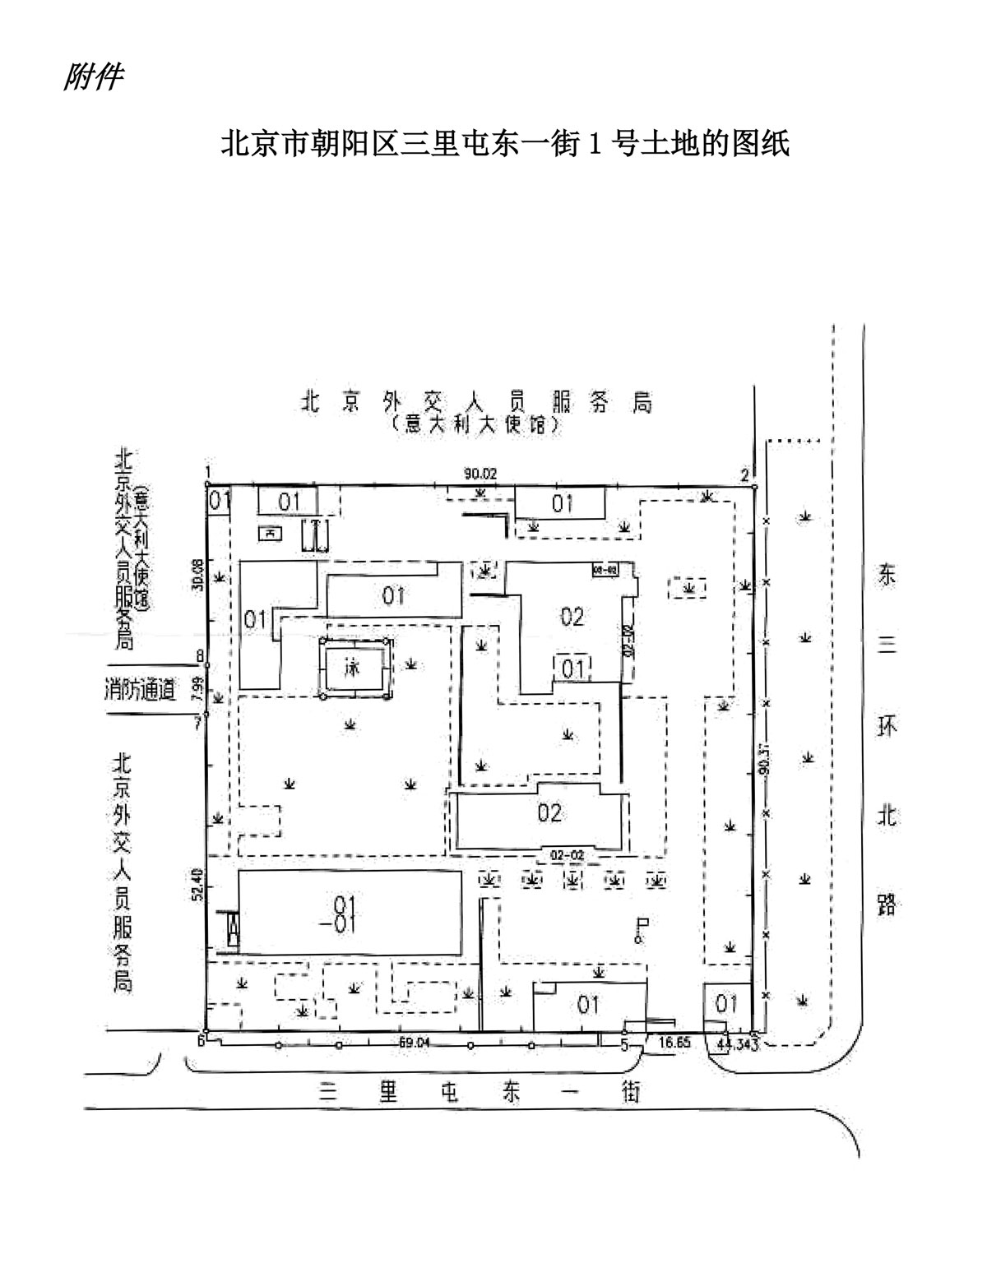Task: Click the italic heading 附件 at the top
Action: (93, 77)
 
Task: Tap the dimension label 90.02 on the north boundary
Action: (480, 474)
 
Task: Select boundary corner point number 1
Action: (209, 472)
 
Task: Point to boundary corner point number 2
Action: (744, 474)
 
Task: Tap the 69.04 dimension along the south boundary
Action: (415, 1043)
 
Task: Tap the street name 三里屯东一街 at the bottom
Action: (480, 1092)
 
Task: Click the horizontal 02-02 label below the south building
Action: (567, 855)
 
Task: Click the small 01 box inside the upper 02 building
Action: (572, 668)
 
